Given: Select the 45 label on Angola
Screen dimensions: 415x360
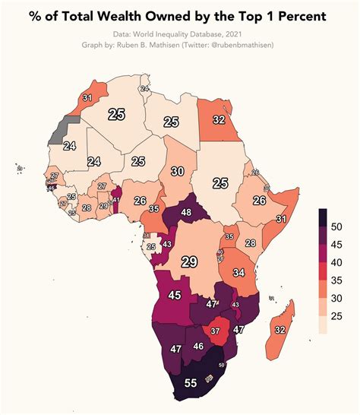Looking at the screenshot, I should coord(174,295).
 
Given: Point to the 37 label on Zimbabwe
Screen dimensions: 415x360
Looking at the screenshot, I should coord(215,331).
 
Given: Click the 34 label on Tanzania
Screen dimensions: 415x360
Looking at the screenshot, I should coord(239,272).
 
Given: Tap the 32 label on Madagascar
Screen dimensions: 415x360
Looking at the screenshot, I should coord(279,329).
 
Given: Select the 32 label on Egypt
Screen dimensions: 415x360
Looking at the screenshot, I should coord(219,119).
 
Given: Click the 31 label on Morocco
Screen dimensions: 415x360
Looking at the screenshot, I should coord(87,98).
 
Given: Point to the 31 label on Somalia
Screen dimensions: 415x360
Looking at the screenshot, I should coord(280,219).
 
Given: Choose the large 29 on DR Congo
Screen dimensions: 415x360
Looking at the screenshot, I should coord(189,261).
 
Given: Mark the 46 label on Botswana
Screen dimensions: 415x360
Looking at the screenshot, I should coord(199,346).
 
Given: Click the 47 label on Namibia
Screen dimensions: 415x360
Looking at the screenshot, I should coord(175,350).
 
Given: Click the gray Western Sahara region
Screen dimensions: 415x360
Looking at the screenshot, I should coord(57,131).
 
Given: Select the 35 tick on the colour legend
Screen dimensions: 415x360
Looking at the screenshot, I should coord(337,280).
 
